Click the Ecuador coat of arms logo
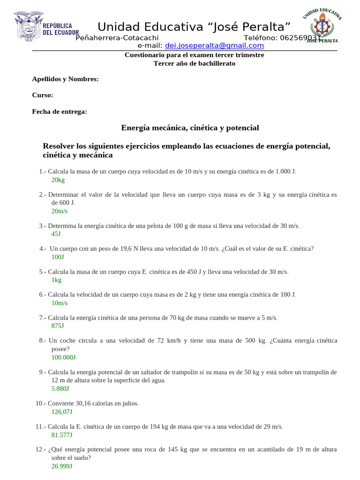[29, 27]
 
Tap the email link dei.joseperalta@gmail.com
[214, 45]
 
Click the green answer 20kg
[58, 180]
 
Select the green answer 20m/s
[60, 211]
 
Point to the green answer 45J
[56, 233]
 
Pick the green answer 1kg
[56, 280]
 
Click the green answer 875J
[58, 326]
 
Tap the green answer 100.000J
[63, 357]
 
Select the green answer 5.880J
[60, 389]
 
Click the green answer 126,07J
[62, 412]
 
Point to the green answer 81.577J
[62, 435]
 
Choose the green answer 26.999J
[62, 466]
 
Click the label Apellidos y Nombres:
[65, 79]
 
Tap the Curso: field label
[43, 95]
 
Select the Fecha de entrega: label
[60, 112]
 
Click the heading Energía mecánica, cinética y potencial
[190, 127]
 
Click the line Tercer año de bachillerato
[195, 63]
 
